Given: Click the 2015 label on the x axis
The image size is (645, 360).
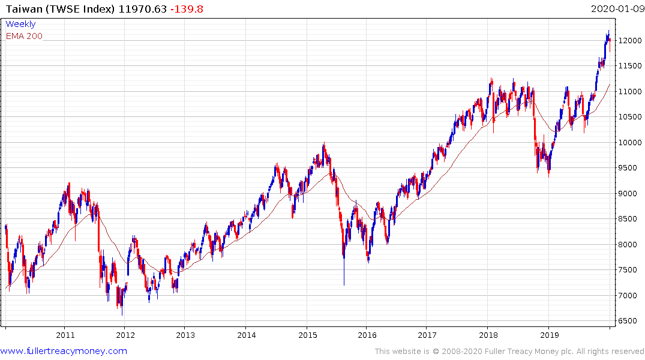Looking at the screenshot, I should coord(307,335).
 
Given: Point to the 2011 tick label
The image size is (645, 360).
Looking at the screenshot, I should coord(65,335).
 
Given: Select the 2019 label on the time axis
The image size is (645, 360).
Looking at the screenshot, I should coord(550,335).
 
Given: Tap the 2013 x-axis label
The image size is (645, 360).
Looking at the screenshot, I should coord(186,335).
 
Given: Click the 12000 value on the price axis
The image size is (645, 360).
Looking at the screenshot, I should coord(629,40).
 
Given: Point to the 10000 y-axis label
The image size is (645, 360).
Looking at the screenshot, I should coord(629,142).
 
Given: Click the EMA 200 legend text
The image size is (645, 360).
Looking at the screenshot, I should coord(24,36).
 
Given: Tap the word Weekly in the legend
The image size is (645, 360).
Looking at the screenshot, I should coord(20,24).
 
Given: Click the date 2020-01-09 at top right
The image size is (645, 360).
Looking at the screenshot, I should coord(616,8).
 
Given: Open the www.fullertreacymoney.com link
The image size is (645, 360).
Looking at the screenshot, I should coord(64,351).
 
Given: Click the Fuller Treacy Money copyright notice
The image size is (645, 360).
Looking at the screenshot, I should coord(509,351).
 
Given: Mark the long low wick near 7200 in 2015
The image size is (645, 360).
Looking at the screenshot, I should coord(344,282).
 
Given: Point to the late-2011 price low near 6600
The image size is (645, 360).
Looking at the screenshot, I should coord(122,314).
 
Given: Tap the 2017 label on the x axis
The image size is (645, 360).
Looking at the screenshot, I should coord(428,335).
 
